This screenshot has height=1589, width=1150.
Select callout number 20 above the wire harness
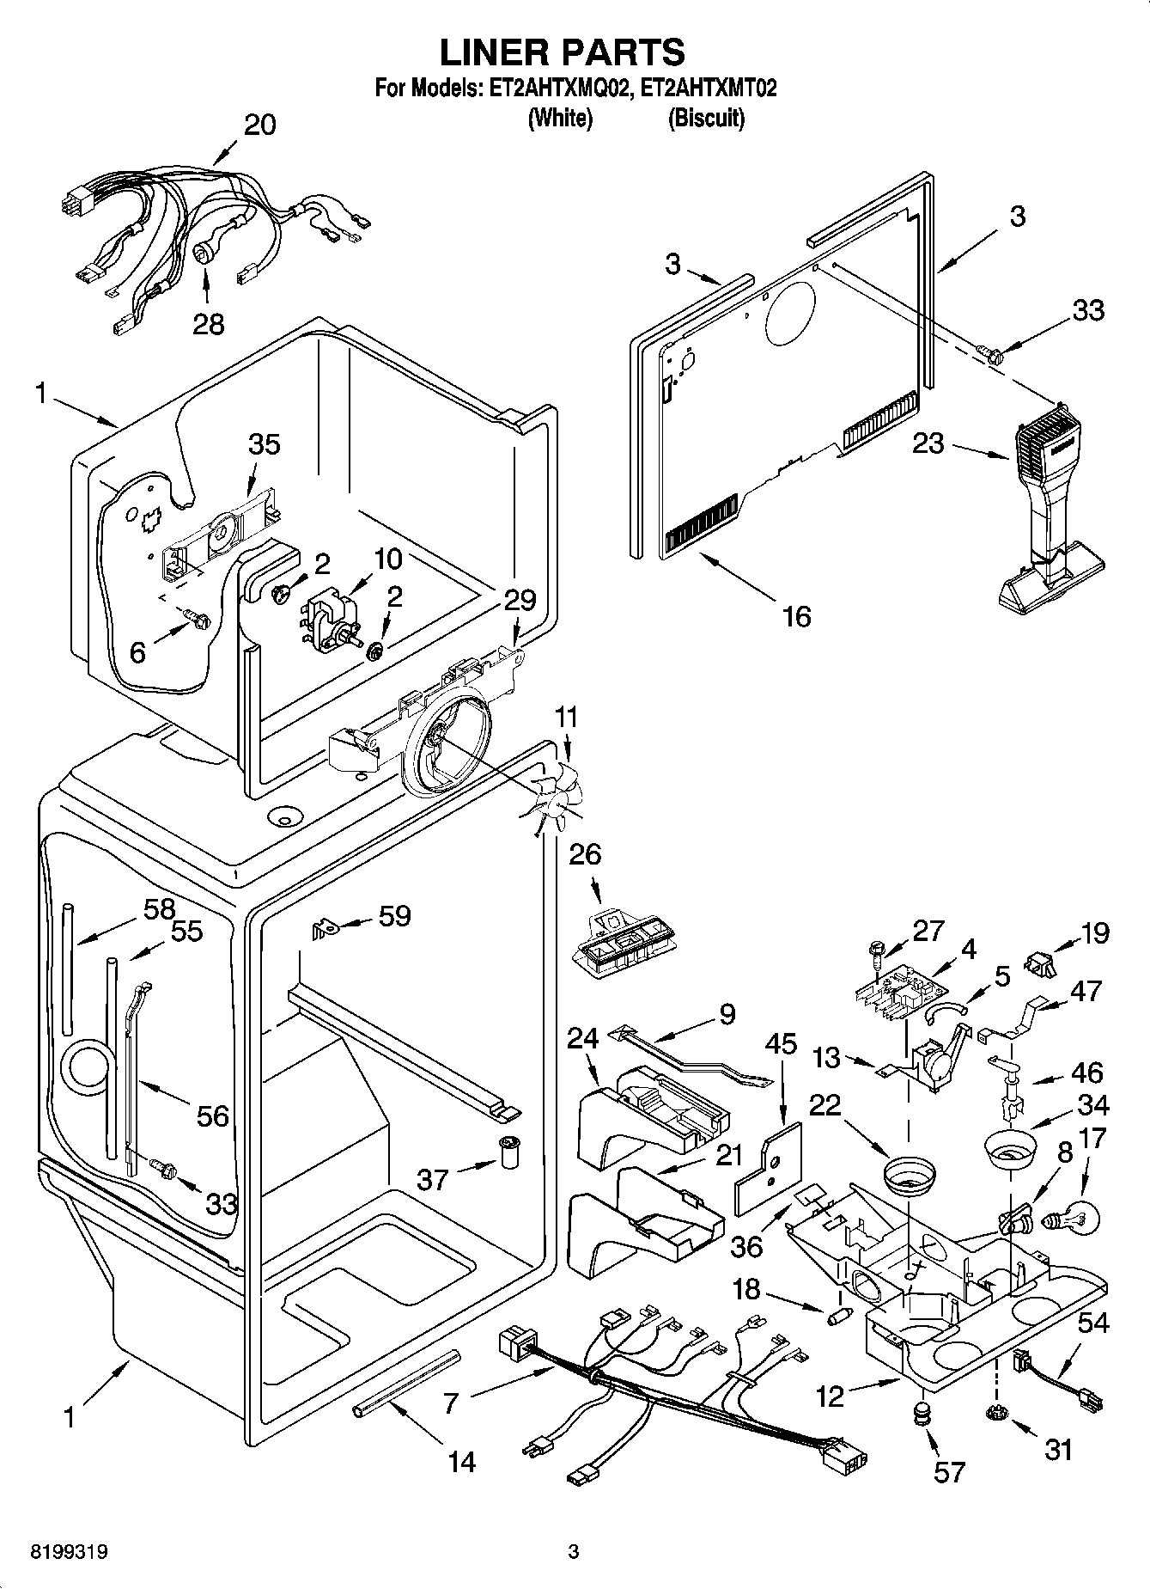point(259,125)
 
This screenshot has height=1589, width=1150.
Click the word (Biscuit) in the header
point(706,118)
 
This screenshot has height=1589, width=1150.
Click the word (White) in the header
point(560,118)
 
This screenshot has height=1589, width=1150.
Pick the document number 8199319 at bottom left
point(69,1552)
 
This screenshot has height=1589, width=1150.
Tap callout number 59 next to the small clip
point(394,916)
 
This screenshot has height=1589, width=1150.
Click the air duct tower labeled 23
point(1049,516)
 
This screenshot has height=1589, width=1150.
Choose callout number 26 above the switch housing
point(584,854)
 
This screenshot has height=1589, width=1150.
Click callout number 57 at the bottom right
point(948,1472)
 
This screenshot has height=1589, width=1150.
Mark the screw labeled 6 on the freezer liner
point(195,618)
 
